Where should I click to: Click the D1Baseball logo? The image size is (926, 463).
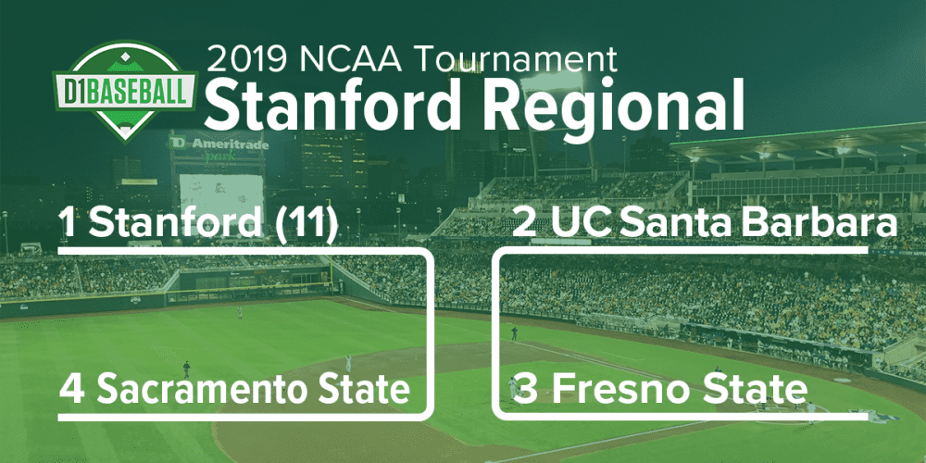[x=125, y=91]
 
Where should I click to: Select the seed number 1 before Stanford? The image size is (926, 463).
[x=69, y=223]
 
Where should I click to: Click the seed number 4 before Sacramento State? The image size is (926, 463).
[x=72, y=390]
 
